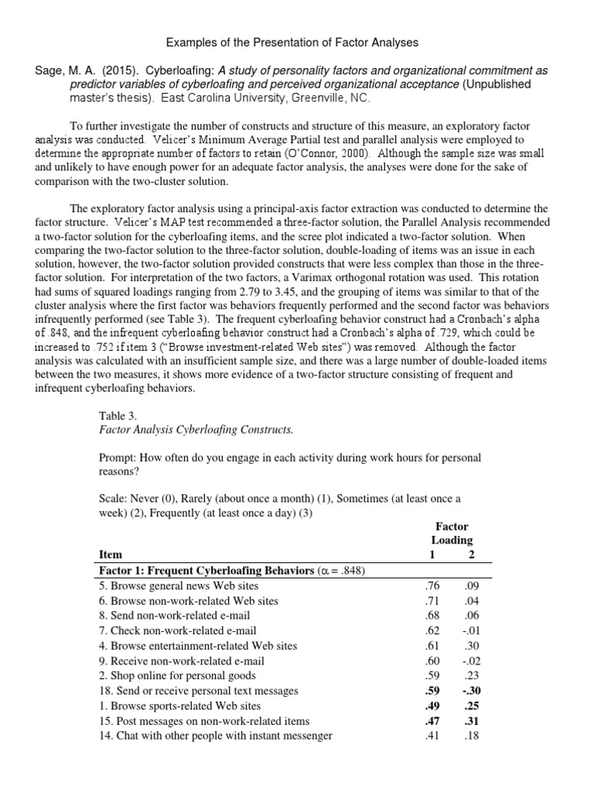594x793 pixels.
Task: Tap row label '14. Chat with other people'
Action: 217,736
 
